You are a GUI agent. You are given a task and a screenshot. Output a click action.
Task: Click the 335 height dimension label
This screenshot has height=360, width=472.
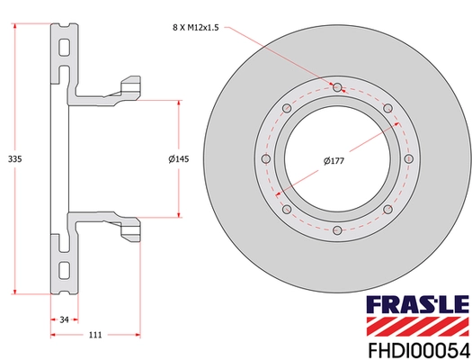(13, 158)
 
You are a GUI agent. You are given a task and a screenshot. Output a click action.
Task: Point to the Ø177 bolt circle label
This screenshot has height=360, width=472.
(335, 162)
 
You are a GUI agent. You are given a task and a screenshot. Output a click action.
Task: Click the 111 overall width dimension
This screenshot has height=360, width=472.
(94, 335)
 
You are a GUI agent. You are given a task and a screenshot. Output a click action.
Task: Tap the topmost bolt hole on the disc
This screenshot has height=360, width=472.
(337, 87)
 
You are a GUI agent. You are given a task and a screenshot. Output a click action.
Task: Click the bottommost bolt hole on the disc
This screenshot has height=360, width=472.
(337, 232)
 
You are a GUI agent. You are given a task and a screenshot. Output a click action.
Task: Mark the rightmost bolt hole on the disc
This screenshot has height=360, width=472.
(409, 160)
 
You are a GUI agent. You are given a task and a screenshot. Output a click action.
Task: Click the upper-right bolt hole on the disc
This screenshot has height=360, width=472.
(388, 109)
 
